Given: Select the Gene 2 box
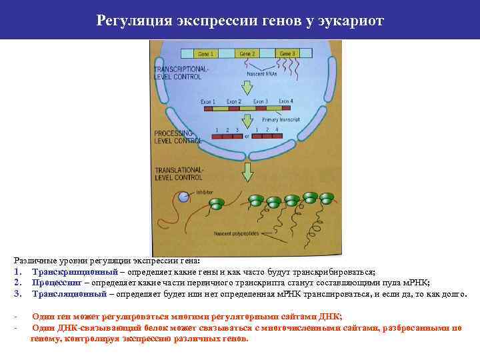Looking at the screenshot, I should pyautogui.click(x=247, y=53).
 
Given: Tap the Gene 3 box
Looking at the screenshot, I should pyautogui.click(x=288, y=53).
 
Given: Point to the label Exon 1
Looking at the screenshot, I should pyautogui.click(x=208, y=102).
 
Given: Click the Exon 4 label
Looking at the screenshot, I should pyautogui.click(x=286, y=101).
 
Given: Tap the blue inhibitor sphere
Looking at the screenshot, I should pyautogui.click(x=184, y=197).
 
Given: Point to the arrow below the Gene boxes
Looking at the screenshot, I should pyautogui.click(x=247, y=85).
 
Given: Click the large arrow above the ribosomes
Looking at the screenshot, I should pyautogui.click(x=247, y=172).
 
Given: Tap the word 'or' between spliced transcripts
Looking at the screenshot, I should pyautogui.click(x=247, y=136).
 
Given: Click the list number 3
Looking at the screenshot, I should pyautogui.click(x=16, y=293).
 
